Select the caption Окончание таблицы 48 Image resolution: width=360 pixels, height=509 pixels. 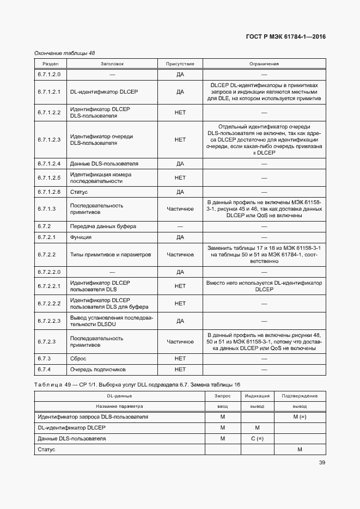click(64, 53)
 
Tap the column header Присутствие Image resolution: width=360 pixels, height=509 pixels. click(180, 64)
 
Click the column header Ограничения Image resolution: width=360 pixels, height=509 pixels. click(264, 64)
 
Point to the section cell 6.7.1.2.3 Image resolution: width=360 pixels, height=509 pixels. click(49, 139)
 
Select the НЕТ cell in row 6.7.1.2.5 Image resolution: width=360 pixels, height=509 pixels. click(180, 177)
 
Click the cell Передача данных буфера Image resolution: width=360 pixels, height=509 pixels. click(103, 226)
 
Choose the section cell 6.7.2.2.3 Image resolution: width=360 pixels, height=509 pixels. click(49, 321)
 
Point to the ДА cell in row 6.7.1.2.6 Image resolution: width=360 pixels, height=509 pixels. click(180, 192)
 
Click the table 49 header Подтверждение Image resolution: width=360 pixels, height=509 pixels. click(300, 396)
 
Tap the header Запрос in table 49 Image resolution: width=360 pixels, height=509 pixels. click(222, 396)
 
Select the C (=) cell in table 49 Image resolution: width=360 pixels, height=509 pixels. click(257, 439)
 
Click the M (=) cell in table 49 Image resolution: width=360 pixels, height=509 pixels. click(300, 417)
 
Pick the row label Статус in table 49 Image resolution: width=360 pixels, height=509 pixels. click(46, 450)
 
